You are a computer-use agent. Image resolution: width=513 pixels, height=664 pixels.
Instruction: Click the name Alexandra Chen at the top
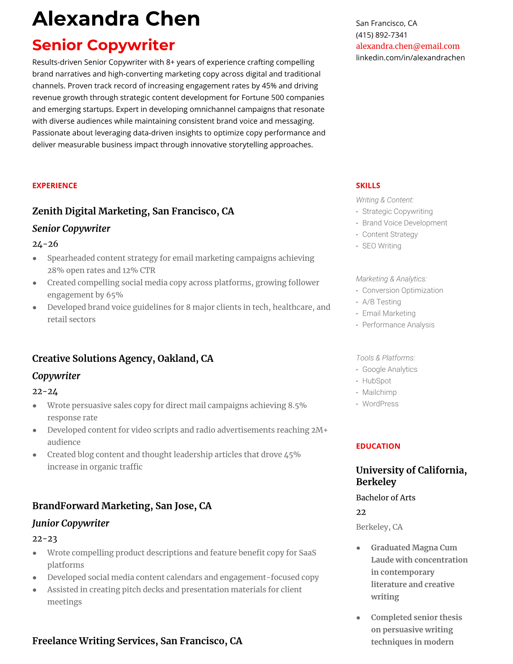pos(116,19)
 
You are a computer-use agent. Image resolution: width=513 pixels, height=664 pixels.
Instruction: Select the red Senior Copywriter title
pos(103,45)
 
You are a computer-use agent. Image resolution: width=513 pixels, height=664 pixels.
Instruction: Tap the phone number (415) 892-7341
pos(381,35)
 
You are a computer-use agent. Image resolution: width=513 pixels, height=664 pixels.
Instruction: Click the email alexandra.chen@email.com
pos(407,46)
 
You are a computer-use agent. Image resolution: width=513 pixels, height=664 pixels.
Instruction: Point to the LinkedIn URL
pos(410,57)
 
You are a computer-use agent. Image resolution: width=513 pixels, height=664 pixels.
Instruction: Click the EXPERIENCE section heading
pos(54,185)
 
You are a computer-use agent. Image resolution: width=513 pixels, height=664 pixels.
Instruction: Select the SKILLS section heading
pos(368,185)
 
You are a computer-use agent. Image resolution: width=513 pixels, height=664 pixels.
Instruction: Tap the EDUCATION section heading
pos(378,446)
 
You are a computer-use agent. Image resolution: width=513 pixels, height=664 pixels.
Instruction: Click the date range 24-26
pos(45,244)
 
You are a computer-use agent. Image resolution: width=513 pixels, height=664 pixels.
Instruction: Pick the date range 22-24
pos(45,391)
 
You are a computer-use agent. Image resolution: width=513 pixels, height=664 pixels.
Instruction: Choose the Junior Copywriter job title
pos(70,523)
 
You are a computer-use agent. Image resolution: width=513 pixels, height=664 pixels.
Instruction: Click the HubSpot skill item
pos(376,381)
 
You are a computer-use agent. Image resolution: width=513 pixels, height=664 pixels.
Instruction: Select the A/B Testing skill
pos(381,302)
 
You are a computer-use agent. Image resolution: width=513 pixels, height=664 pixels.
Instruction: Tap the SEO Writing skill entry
pos(381,246)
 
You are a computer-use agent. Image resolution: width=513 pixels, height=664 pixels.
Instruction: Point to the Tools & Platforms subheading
pos(385,358)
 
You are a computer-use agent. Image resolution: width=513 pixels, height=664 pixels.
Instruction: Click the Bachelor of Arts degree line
pos(386,498)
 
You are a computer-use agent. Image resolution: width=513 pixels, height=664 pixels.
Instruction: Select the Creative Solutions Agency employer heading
pos(122,358)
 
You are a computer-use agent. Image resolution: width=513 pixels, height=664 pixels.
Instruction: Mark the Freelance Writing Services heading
pos(137,641)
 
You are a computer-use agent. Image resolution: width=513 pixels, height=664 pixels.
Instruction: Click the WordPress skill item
pos(380,404)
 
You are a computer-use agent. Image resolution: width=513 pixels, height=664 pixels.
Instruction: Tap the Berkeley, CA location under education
pos(379,527)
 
